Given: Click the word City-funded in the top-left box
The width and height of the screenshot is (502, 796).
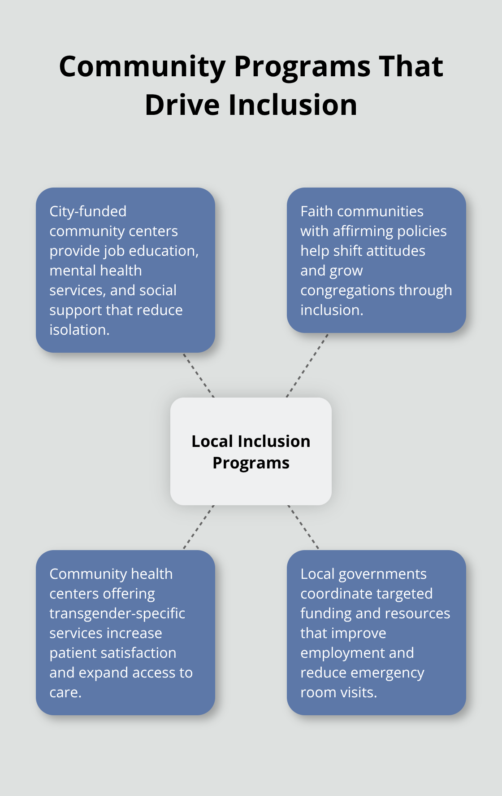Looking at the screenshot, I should coord(88,211).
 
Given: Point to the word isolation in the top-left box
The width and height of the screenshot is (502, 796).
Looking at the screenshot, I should coord(79,330).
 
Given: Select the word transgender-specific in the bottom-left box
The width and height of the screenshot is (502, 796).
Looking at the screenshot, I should coord(117,613).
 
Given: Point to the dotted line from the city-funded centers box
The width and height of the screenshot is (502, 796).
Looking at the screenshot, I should coord(199,375).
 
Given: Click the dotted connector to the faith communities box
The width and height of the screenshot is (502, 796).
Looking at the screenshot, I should coord(307,365).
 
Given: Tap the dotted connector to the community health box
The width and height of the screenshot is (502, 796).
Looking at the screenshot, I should coord(199,527).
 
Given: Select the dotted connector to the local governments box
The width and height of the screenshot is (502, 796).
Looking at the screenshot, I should coord(303,527).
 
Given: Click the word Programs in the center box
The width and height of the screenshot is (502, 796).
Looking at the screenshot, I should coord(251,463).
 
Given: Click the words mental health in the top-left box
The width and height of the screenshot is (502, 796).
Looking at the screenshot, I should coord(95,271).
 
